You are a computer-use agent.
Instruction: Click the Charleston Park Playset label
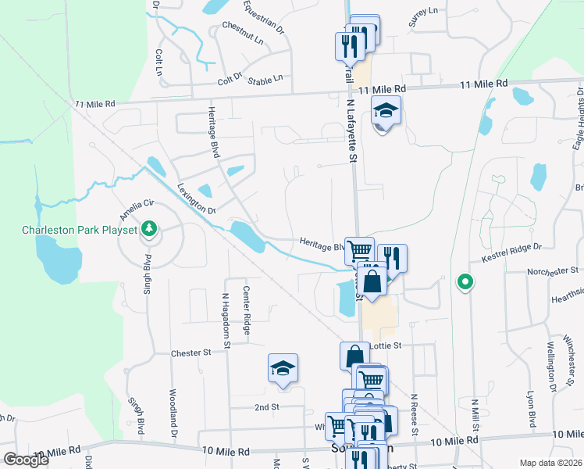(x=79, y=230)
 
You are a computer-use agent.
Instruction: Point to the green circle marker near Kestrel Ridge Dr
(x=465, y=281)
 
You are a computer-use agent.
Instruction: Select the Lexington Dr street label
(x=196, y=199)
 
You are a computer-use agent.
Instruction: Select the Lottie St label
(x=384, y=345)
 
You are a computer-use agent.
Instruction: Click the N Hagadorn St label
(x=226, y=320)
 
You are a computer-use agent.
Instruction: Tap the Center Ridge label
(x=246, y=311)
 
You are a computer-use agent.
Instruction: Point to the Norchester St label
(x=554, y=270)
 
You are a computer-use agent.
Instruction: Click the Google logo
(x=26, y=460)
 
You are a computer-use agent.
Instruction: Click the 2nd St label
(x=266, y=407)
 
